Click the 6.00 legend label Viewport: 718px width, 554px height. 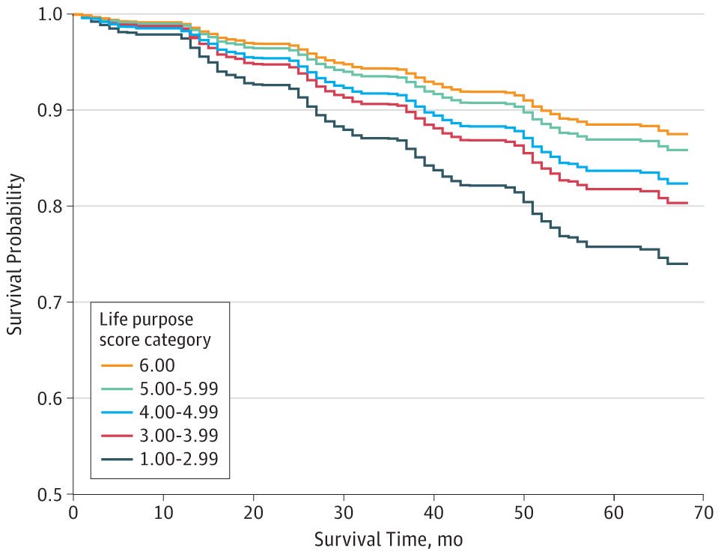tap(157, 365)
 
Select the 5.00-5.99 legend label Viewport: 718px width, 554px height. tap(179, 389)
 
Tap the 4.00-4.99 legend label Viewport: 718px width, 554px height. tap(179, 412)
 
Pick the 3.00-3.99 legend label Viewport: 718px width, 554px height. tap(179, 436)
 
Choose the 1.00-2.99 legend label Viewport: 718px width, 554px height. tap(179, 459)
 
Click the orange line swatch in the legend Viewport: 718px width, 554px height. tap(117, 365)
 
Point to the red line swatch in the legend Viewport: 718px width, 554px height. tap(117, 436)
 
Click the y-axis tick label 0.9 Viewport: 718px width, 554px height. tap(49, 110)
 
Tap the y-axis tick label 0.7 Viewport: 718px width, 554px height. tap(49, 302)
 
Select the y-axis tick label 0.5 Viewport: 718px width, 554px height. tap(49, 494)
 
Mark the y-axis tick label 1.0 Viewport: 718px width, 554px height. tap(49, 14)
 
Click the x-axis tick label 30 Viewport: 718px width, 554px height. tap(344, 512)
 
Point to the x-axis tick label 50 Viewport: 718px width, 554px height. tap(523, 512)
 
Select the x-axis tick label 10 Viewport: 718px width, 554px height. tap(163, 512)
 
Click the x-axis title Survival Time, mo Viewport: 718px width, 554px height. tap(389, 540)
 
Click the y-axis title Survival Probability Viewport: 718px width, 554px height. tap(14, 254)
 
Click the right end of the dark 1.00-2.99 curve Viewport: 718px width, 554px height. tap(687, 264)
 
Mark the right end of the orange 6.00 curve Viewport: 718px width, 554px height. tap(687, 134)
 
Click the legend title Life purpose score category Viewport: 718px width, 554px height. tap(155, 329)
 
